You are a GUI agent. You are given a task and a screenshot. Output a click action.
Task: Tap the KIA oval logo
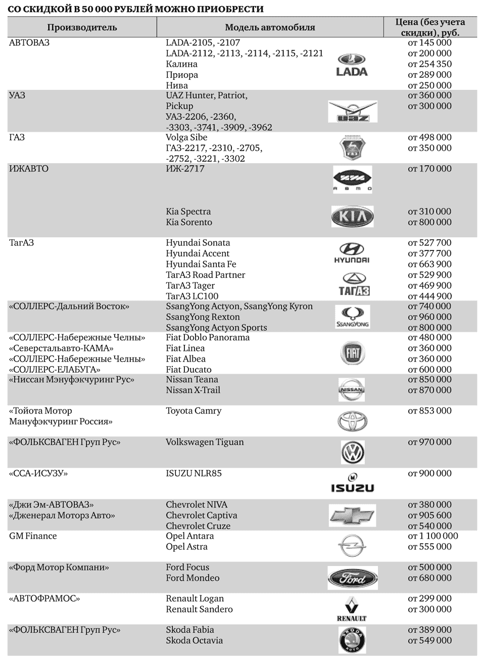click(x=352, y=217)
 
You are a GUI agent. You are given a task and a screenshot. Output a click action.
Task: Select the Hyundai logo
click(x=352, y=253)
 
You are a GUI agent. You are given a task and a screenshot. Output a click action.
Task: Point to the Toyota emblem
click(x=352, y=421)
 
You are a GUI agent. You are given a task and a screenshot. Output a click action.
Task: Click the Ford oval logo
click(x=352, y=578)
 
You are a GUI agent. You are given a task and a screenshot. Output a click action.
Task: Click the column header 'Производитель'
click(x=82, y=27)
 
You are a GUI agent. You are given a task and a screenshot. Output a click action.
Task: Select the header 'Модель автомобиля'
click(x=270, y=27)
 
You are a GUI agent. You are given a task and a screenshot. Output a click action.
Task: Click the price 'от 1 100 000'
click(x=433, y=536)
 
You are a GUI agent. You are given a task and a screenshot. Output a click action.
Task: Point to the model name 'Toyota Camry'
click(x=194, y=411)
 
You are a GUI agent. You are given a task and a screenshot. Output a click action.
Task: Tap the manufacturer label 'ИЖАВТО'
click(x=29, y=169)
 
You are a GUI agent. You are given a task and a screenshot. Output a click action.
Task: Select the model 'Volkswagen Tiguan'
click(x=205, y=442)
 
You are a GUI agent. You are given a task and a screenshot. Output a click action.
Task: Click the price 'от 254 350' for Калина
click(x=429, y=64)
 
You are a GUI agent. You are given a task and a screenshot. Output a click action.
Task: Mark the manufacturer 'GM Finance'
click(x=33, y=536)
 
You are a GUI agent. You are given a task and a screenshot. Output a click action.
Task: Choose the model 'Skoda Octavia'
click(x=194, y=641)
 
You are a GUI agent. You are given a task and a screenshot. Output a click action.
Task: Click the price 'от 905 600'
click(x=429, y=516)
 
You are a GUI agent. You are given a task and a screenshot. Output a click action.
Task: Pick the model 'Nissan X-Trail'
click(x=193, y=390)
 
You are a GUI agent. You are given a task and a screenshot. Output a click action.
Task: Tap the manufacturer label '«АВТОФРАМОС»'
click(x=44, y=599)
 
